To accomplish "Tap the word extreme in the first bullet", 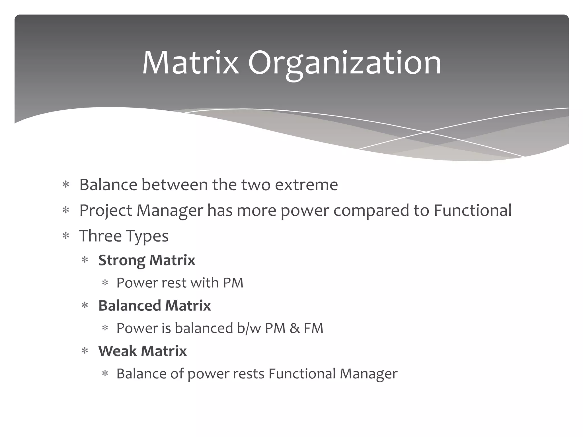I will (x=306, y=185).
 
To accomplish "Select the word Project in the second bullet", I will (x=106, y=211).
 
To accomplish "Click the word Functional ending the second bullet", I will (x=473, y=210).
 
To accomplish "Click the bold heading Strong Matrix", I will (x=147, y=260).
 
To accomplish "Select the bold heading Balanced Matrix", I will (x=154, y=306).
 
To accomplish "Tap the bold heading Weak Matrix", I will (x=142, y=351).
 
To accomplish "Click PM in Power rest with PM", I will (x=233, y=283).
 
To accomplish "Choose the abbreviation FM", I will (x=313, y=328).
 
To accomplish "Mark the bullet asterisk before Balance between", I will (x=66, y=185).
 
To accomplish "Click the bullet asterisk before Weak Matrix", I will (x=85, y=351).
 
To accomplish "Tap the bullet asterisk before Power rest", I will (x=105, y=283).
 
